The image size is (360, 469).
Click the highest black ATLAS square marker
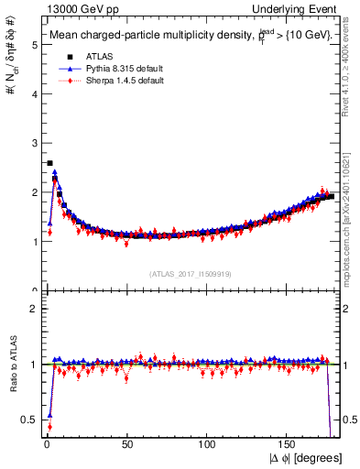(49, 163)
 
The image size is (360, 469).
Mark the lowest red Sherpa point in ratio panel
(49, 428)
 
